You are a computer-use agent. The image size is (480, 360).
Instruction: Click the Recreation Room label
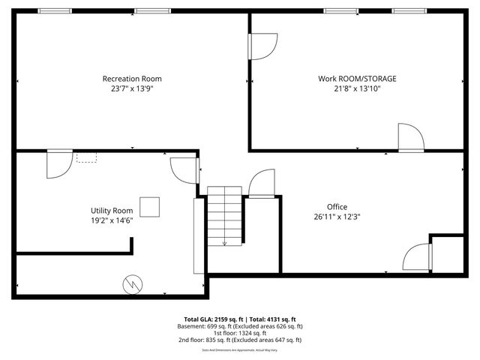coord(132,79)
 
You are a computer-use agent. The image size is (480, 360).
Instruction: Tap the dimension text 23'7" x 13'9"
coord(132,88)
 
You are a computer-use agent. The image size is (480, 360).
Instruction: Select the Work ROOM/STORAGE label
coord(357,79)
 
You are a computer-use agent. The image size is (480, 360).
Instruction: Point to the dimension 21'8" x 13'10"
coord(357,88)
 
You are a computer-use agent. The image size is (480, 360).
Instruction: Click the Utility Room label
coord(112,211)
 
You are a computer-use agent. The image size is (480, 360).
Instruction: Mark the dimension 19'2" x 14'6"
coord(112,220)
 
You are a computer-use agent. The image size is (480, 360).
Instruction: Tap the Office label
coord(337,207)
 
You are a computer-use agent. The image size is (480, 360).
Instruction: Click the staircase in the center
coord(224,216)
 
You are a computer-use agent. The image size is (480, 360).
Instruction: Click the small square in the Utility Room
coord(150,206)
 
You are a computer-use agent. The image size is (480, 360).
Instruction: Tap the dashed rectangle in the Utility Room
coord(86,157)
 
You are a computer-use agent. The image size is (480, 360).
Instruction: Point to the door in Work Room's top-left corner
coord(262,46)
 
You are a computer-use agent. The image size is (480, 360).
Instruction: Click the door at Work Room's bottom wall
coord(410,136)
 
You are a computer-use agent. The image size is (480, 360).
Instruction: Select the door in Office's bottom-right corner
coord(417,257)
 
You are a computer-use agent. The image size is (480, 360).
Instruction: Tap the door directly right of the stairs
coord(262,184)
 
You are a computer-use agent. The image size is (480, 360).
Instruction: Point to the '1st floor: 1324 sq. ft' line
coord(240,333)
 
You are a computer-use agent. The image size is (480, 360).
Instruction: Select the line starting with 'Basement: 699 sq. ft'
coord(240,326)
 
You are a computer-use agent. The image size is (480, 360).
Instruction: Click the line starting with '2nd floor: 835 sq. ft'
coord(240,340)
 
